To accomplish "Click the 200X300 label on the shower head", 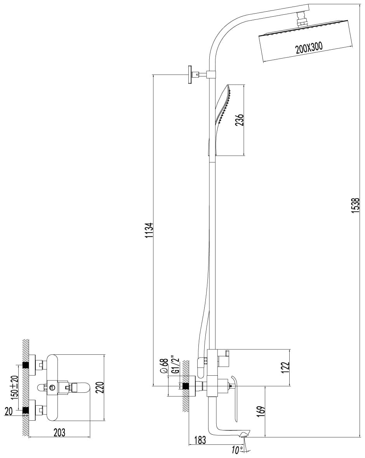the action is [x=309, y=47].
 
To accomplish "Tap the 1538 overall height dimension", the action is [x=355, y=205].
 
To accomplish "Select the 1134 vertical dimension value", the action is [x=149, y=230].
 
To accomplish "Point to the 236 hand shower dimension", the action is [x=239, y=120].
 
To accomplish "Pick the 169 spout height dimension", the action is [x=262, y=410].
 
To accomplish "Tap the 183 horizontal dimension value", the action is [x=200, y=440].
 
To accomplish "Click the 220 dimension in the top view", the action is [x=99, y=388].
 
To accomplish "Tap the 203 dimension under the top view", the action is [x=59, y=432].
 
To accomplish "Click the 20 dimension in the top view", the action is [x=9, y=411].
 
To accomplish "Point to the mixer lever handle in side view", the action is [x=235, y=399].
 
